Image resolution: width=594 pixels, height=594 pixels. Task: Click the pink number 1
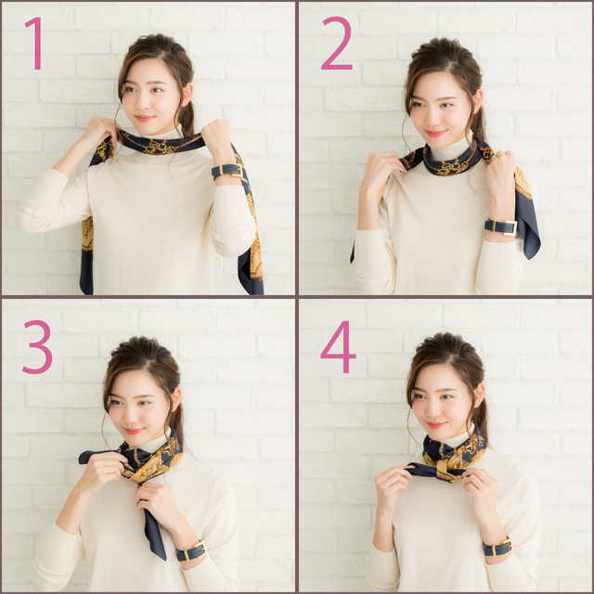35,44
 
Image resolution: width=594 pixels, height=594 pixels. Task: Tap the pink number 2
336,44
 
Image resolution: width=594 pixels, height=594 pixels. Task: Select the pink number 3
37,347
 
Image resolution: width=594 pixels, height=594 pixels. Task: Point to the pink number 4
338,347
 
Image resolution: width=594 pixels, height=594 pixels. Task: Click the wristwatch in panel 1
227,171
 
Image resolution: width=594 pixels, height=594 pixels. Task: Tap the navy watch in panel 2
501,227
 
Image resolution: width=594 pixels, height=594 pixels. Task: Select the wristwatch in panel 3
191,551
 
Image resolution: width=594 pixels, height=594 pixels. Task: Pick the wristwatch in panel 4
497,548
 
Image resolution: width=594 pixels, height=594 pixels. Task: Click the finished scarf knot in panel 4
443,469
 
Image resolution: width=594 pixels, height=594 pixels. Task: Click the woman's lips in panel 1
145,118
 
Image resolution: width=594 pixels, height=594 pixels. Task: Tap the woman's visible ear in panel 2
477,101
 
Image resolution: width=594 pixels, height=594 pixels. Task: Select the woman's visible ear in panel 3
175,399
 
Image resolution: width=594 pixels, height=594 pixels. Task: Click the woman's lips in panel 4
435,425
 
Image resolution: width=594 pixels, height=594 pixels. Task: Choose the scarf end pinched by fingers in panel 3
94,456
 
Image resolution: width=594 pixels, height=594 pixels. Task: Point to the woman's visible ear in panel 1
187,95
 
